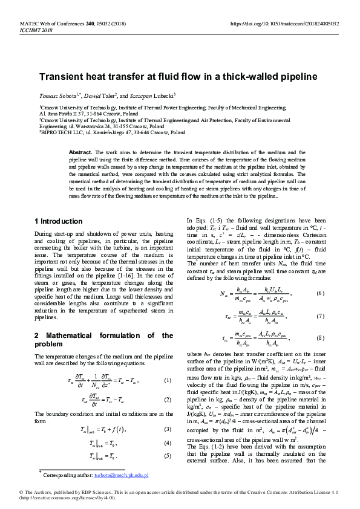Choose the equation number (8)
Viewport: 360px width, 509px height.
(320, 339)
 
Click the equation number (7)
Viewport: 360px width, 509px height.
(320, 316)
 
